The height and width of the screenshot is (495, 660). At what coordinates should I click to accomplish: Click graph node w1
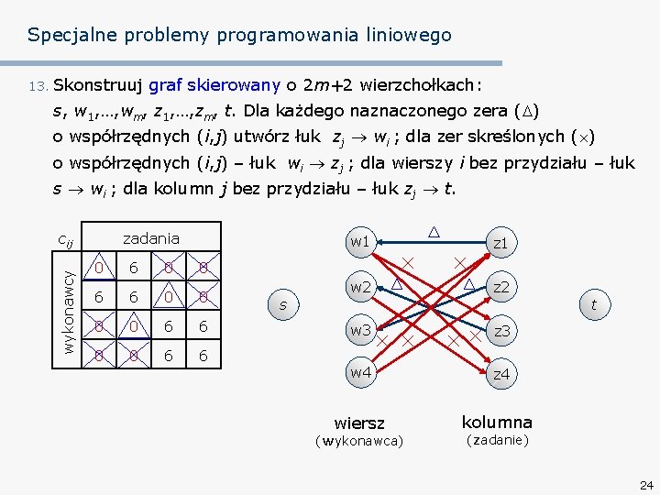359,242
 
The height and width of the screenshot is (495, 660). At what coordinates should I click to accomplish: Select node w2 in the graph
359,288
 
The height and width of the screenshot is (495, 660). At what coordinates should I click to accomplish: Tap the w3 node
359,329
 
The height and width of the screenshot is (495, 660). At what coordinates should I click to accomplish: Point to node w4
359,372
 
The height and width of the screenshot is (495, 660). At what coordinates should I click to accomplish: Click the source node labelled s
283,304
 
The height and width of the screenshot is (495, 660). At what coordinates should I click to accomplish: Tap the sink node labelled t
594,304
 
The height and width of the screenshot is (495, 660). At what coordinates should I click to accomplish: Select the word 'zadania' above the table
151,238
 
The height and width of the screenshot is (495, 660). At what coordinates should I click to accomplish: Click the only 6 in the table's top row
134,268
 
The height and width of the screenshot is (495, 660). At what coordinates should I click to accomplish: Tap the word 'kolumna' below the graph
496,422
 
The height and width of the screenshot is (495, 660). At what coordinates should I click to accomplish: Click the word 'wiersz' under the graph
359,423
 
